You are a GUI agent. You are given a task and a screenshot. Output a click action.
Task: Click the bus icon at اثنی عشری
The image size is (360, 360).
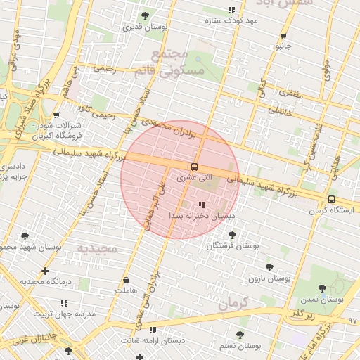click(x=193, y=167)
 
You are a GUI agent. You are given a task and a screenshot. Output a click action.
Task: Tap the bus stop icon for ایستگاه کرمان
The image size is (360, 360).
click(x=331, y=199)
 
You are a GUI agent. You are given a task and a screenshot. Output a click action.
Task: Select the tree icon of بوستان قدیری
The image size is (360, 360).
click(x=145, y=15)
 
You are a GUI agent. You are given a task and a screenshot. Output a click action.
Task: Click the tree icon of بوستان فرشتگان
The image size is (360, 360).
click(x=233, y=235)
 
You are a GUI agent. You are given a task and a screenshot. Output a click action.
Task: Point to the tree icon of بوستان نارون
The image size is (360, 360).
click(x=269, y=267)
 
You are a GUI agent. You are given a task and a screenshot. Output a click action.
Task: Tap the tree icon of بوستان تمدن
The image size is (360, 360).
click(x=322, y=288)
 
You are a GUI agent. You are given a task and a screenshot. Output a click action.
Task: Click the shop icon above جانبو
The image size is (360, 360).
click(x=283, y=35)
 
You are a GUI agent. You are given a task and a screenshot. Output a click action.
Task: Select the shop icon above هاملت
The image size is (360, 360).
click(x=126, y=280)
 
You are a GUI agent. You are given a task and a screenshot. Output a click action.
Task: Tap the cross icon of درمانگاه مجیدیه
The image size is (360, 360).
click(x=46, y=271)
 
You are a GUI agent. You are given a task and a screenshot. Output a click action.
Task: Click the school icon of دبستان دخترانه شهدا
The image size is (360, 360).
click(x=203, y=205)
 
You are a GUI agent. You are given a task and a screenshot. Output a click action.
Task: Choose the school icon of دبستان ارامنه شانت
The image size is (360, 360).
click(x=153, y=330)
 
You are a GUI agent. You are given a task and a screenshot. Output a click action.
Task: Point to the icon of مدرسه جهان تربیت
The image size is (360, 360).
click(x=64, y=302)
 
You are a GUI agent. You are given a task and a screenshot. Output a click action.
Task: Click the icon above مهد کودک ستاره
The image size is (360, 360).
click(x=231, y=10)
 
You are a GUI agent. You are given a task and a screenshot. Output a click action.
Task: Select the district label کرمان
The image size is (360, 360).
click(x=233, y=304)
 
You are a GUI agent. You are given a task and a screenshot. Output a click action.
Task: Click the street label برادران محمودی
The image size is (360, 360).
click(x=179, y=124)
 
